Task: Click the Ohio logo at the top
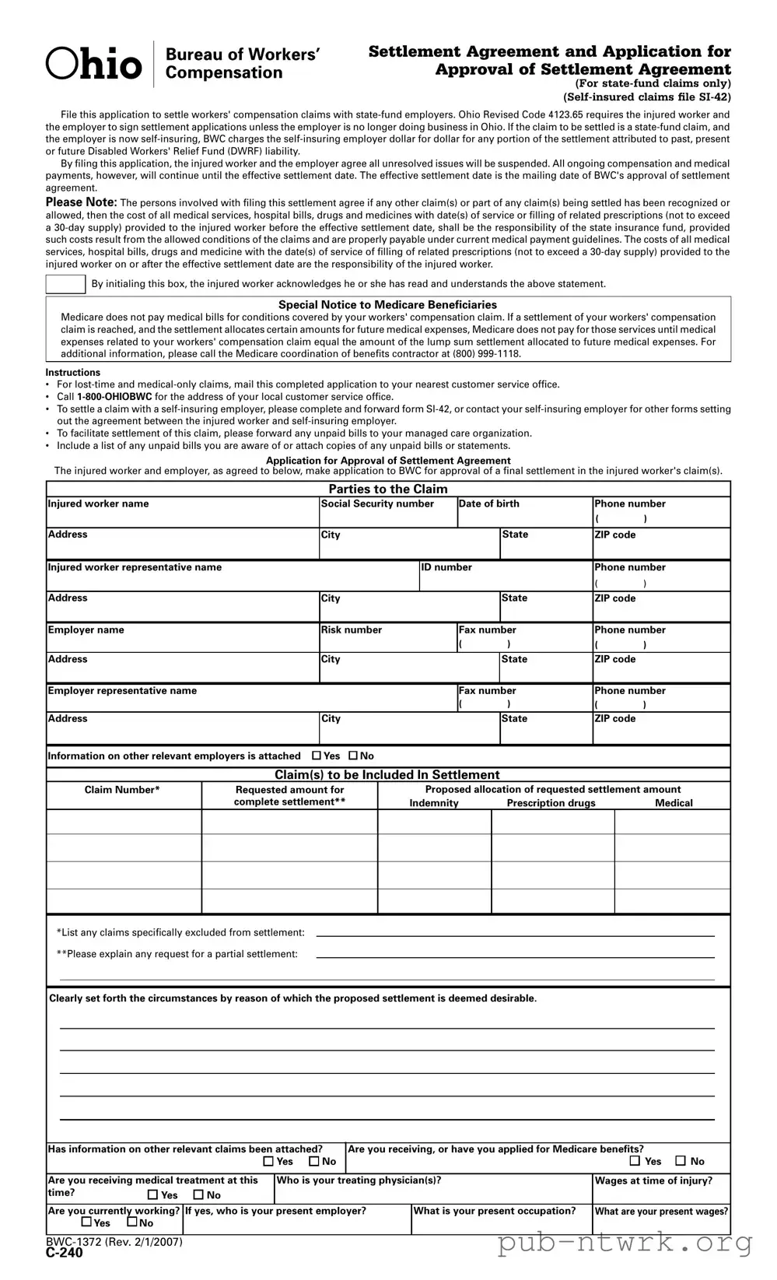pos(94,65)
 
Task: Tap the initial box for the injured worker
pos(65,284)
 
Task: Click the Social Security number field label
pos(377,504)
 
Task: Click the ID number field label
pos(446,568)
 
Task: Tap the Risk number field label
pos(352,630)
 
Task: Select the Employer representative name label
pos(122,691)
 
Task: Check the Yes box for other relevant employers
pos(317,756)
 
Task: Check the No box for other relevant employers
pos(353,756)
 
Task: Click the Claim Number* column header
pos(122,791)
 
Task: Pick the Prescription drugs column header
pos(551,804)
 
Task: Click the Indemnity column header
pos(434,804)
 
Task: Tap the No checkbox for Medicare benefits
pos(681,1161)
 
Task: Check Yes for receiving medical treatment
pos(153,1195)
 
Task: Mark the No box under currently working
pos(132,1222)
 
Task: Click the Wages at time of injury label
pos(653,1181)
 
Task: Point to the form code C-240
pos(64,1253)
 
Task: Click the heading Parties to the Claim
pos(388,489)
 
